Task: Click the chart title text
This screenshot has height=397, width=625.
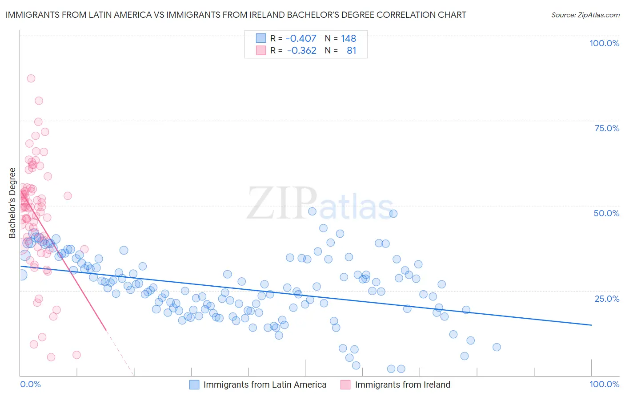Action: (x=236, y=15)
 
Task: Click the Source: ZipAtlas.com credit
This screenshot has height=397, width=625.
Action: (x=585, y=15)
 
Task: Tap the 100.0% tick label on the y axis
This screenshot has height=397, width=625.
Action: (x=604, y=43)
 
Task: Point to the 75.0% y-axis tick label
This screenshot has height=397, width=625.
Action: (x=607, y=128)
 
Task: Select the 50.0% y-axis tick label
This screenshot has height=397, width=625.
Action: (x=606, y=213)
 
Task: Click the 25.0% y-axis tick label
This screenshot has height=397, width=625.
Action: (x=607, y=299)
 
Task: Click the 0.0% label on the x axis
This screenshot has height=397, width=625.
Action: (x=30, y=384)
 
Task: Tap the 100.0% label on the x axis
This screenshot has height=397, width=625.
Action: (x=604, y=384)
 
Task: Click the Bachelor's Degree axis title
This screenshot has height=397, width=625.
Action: (x=12, y=203)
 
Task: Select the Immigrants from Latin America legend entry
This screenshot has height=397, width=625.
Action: (x=265, y=385)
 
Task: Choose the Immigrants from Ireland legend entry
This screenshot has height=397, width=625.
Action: (x=402, y=385)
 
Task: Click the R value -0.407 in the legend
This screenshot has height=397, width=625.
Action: (x=301, y=38)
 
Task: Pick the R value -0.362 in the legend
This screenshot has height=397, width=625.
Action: (x=301, y=50)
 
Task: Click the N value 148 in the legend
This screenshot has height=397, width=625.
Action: (x=349, y=38)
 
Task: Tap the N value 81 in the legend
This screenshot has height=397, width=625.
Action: (x=351, y=50)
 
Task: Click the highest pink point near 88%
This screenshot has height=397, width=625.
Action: (x=31, y=78)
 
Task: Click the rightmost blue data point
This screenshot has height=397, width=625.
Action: (x=497, y=347)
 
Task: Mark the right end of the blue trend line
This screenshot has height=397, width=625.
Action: (x=591, y=325)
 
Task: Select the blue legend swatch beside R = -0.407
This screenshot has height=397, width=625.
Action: (x=260, y=38)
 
